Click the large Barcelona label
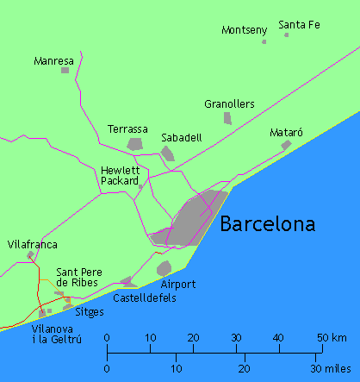tap(267, 225)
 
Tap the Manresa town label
tap(53, 62)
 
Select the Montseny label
tap(245, 30)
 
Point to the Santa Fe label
tap(300, 24)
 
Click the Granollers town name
tap(229, 104)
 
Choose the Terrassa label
tap(127, 129)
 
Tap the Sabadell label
tap(182, 136)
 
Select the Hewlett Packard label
tap(120, 176)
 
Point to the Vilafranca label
tap(32, 245)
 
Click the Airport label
tap(178, 284)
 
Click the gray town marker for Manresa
tap(65, 70)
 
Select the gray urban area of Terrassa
tap(134, 144)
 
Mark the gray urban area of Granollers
tap(227, 118)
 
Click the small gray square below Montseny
tap(264, 41)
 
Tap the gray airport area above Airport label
tap(164, 267)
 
